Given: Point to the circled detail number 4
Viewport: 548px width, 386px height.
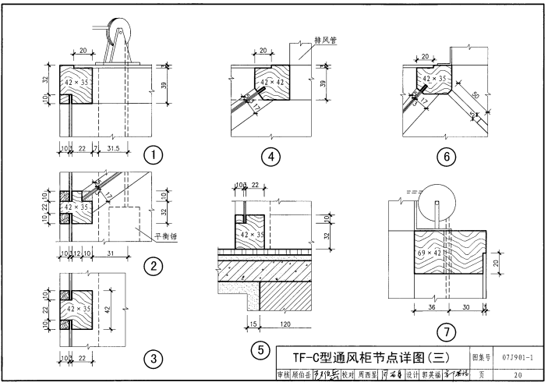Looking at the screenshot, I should [270, 157].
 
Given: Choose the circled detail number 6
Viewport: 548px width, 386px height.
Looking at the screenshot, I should [447, 157].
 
